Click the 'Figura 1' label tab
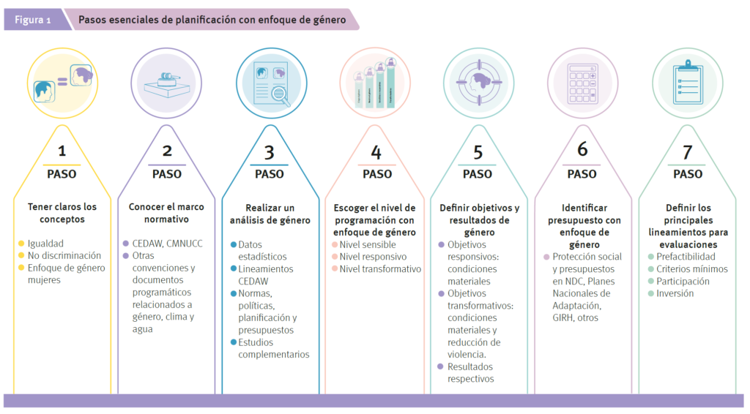[33, 20]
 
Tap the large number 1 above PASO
[62, 151]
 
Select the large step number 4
[376, 152]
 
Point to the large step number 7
[687, 152]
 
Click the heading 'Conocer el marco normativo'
[167, 213]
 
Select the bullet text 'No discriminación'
[64, 256]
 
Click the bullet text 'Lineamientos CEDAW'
[265, 275]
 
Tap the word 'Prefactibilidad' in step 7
[686, 257]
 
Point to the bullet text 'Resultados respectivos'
[470, 373]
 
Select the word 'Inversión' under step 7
[675, 293]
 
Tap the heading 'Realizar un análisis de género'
[270, 214]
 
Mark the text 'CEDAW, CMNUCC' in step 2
[168, 244]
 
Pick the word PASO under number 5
[478, 174]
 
